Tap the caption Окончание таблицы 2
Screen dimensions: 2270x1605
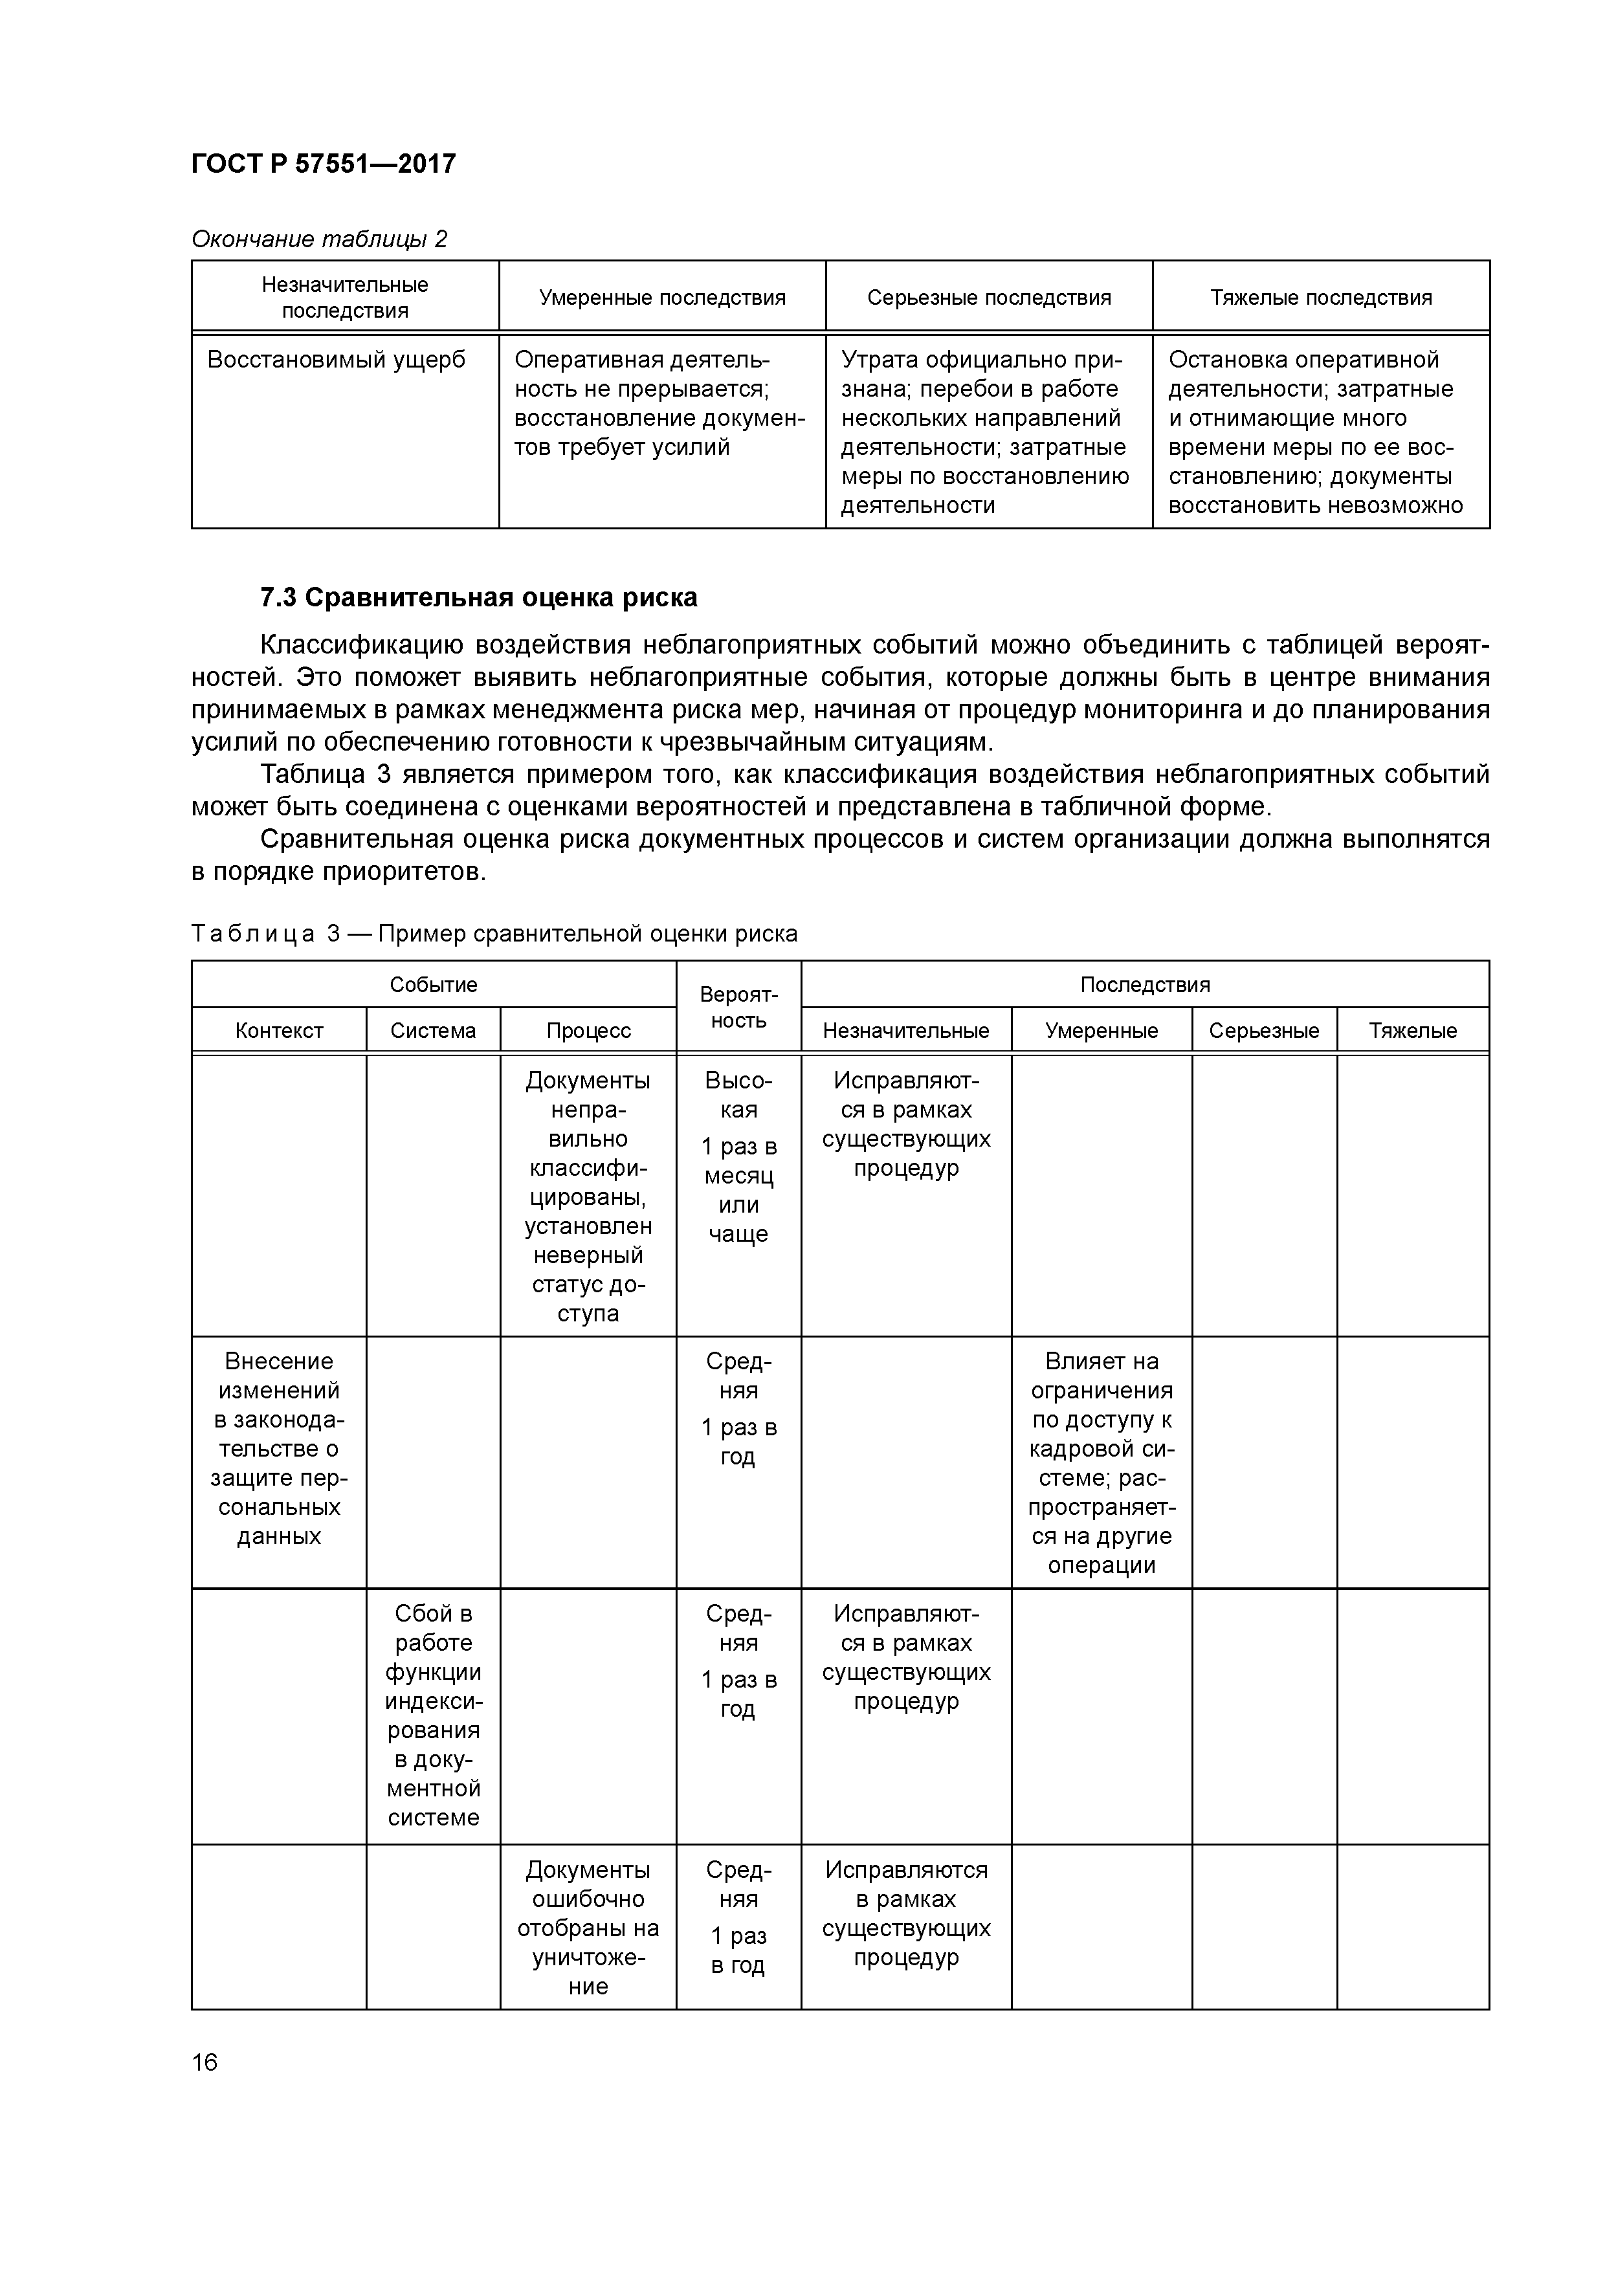coord(318,239)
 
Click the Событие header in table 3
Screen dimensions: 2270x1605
coord(433,985)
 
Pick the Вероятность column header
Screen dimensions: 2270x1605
coord(738,1006)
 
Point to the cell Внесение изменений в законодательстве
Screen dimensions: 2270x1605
coord(279,1448)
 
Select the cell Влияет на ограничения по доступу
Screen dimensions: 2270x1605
coord(1101,1462)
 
